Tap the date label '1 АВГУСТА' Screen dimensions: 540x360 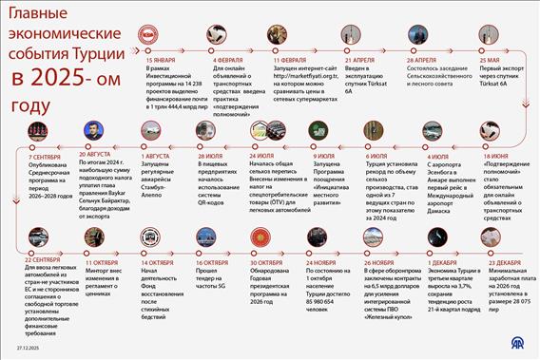point(156,155)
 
